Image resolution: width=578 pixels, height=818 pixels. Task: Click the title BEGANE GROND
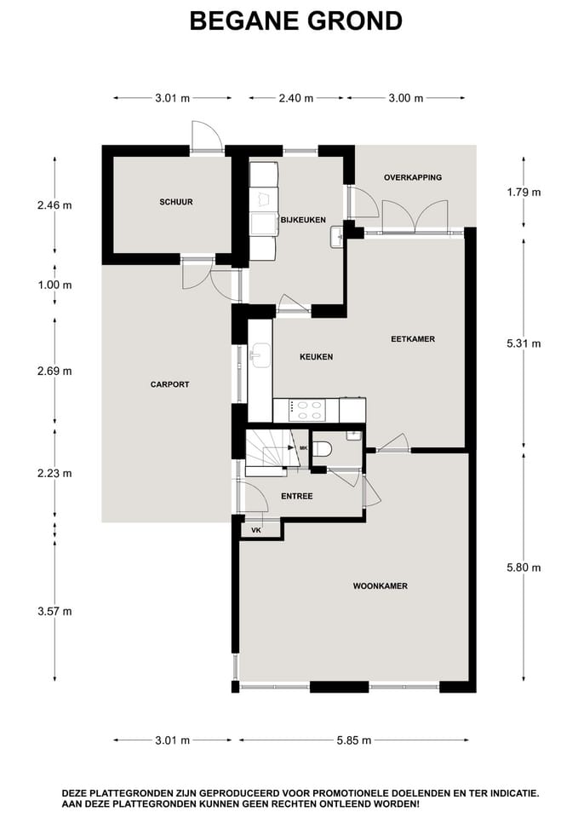[x=295, y=21]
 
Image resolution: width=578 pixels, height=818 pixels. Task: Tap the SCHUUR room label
[x=176, y=202]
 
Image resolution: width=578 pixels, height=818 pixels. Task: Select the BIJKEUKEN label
[x=303, y=220]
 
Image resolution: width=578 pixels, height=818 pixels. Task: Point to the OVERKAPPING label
[x=413, y=177]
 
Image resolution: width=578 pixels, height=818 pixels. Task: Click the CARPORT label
[x=170, y=384]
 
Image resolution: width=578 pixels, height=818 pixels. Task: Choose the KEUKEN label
[x=316, y=357]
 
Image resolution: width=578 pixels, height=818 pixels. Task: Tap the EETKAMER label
[x=413, y=338]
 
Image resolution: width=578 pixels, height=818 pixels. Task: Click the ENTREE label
[x=296, y=496]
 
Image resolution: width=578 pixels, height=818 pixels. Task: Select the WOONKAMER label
[x=381, y=586]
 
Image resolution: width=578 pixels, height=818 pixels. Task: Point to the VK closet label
[x=255, y=530]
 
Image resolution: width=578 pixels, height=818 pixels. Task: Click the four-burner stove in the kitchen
[x=306, y=411]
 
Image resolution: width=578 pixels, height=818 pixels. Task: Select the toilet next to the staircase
[x=322, y=448]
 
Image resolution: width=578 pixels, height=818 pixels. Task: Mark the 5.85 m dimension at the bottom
[x=354, y=740]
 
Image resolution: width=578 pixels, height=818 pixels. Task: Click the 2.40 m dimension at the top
[x=296, y=98]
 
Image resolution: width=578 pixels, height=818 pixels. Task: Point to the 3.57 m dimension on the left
[x=54, y=611]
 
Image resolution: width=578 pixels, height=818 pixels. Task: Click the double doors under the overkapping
[x=415, y=216]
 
